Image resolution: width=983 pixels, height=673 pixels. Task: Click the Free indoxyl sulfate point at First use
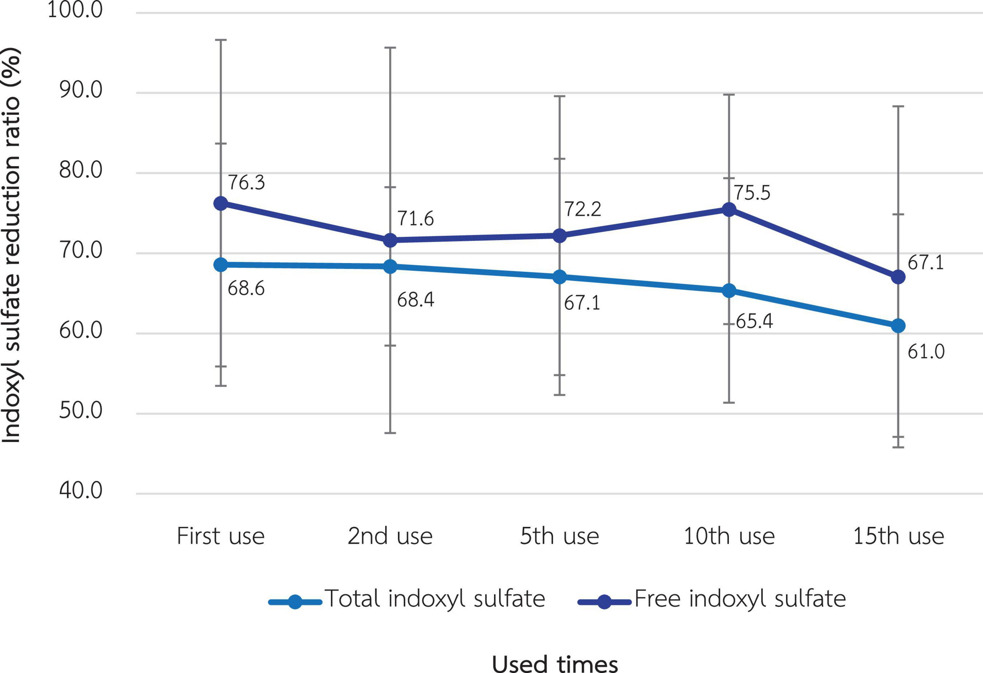click(x=220, y=204)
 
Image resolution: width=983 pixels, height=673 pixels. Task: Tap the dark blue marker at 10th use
click(x=729, y=209)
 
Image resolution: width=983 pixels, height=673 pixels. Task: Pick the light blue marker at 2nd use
click(x=390, y=267)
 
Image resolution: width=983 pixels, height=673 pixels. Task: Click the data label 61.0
click(x=926, y=352)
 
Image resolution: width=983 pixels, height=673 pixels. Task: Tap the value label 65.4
click(x=754, y=321)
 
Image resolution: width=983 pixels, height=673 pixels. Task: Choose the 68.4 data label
click(x=415, y=300)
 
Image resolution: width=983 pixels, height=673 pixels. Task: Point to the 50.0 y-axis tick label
click(x=81, y=410)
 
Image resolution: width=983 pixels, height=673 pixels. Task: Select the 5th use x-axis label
click(x=559, y=536)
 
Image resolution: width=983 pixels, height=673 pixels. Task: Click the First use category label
click(x=220, y=536)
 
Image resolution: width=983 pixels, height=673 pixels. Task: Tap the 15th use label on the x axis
click(x=898, y=536)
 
